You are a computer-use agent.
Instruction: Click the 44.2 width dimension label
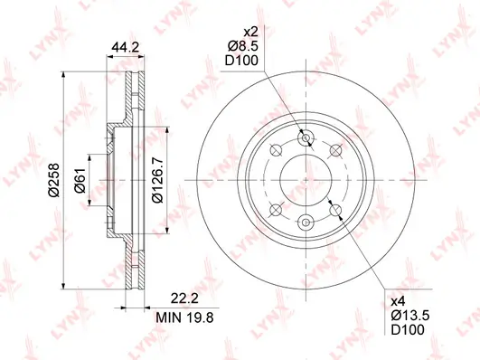(126, 47)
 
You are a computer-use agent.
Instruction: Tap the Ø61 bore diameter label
(80, 180)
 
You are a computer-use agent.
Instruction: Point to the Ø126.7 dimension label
(158, 180)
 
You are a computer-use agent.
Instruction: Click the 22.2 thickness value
(184, 298)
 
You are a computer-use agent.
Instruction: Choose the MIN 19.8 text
(184, 317)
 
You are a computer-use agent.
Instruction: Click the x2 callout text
(250, 32)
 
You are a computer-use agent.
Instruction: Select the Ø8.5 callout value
(243, 46)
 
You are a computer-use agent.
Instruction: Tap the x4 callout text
(399, 302)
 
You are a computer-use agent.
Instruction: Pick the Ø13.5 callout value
(410, 316)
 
